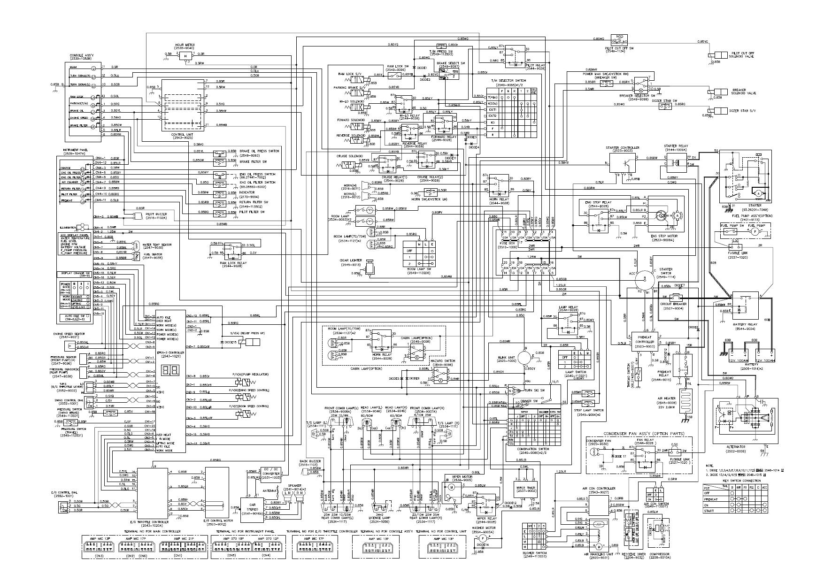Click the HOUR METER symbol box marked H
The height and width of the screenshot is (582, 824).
pyautogui.click(x=185, y=56)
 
